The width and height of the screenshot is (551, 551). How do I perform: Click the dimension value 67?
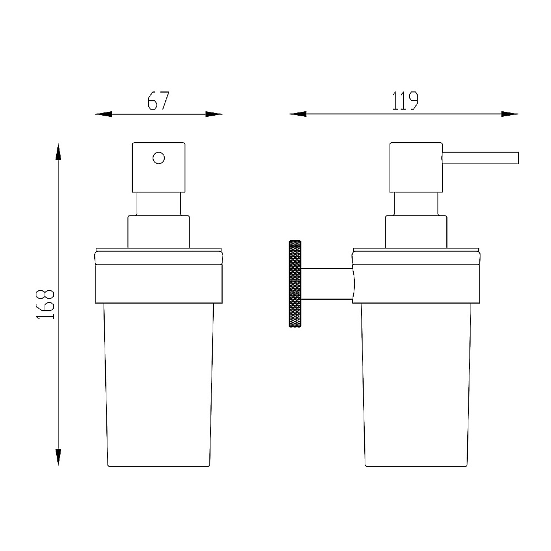click(x=159, y=101)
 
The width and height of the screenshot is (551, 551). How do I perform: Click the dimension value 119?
click(x=405, y=101)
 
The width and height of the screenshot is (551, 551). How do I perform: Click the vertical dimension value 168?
click(x=46, y=304)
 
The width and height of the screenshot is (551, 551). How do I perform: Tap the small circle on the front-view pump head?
click(x=159, y=158)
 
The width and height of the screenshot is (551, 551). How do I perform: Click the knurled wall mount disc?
click(x=295, y=284)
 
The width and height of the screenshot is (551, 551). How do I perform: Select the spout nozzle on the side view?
click(x=480, y=158)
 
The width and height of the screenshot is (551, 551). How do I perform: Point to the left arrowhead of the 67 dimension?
click(x=104, y=114)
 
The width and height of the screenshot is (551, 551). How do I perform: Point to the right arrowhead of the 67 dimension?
click(x=214, y=114)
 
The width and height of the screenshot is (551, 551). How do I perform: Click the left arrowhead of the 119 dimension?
click(x=298, y=114)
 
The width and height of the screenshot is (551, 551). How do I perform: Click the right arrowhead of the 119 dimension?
click(x=510, y=114)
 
